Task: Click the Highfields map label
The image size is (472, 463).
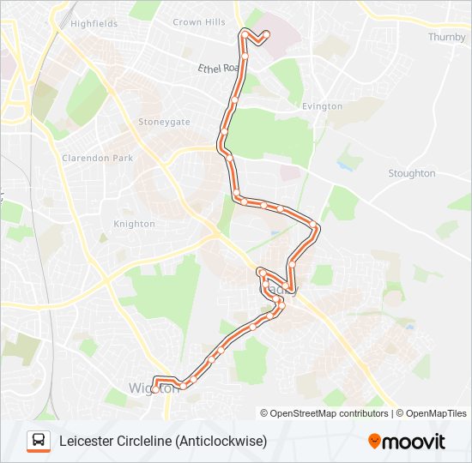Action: coord(94,24)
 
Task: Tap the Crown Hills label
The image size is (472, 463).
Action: coord(198,22)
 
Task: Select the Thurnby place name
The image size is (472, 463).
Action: coord(446,37)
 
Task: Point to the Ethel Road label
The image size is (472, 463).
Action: coord(217,68)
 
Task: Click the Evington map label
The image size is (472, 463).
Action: coord(322,106)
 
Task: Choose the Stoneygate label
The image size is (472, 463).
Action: coord(164,122)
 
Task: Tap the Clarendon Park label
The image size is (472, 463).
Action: coord(98,158)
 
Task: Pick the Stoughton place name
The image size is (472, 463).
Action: coord(411,173)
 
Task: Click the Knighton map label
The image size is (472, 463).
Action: coord(134,224)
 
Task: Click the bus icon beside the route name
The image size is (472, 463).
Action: coord(39,441)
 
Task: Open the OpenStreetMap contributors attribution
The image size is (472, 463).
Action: coord(324,413)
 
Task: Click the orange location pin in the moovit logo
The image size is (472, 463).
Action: coord(374,442)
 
